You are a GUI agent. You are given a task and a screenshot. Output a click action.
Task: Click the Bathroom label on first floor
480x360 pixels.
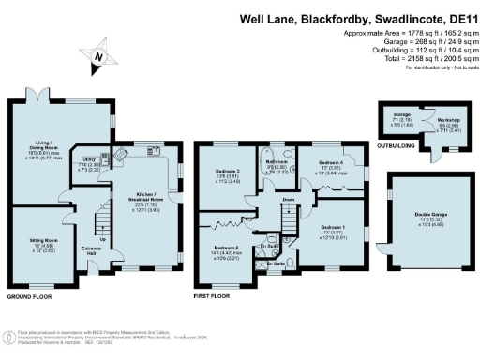coord(276,161)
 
